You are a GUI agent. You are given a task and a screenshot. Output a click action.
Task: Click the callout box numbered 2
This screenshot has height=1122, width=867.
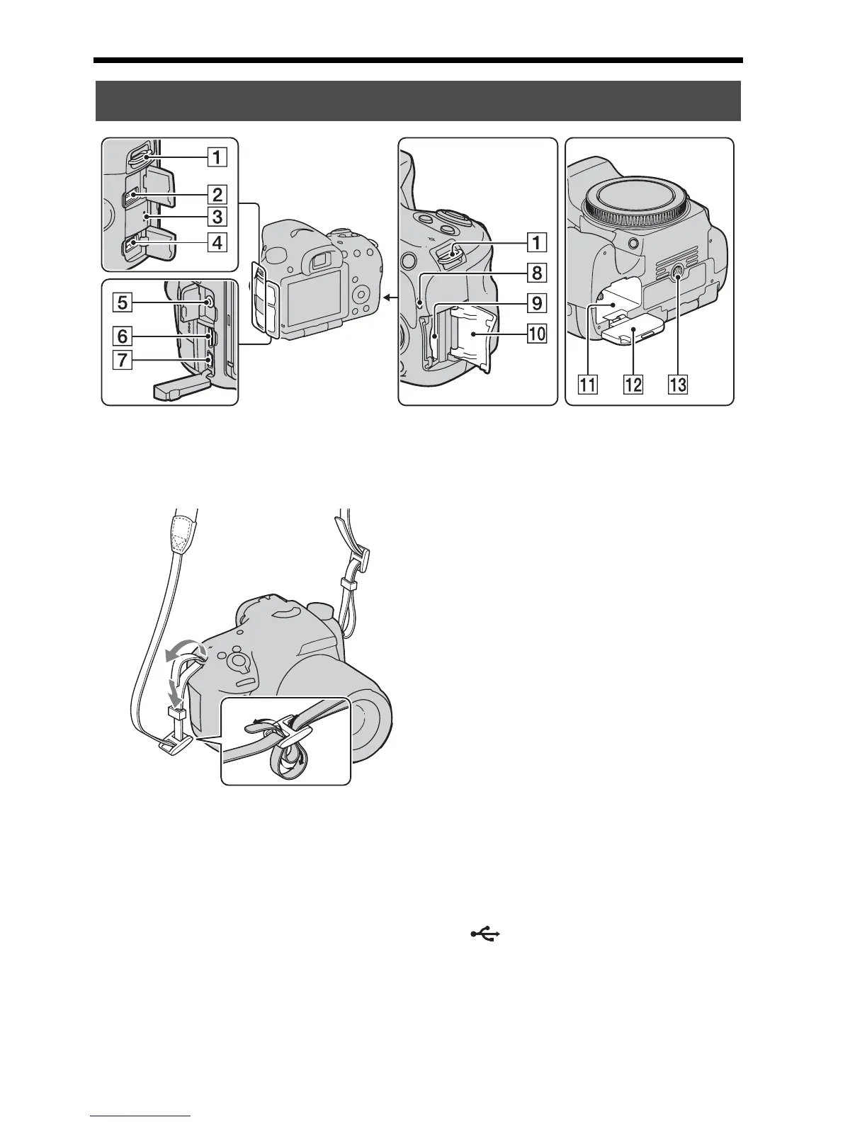(217, 193)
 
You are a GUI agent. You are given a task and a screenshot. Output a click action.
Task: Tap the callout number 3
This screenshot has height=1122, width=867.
(217, 217)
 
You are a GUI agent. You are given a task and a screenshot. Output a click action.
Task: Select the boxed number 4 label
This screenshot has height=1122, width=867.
(217, 243)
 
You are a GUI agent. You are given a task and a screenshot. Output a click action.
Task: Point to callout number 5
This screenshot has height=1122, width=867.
(123, 303)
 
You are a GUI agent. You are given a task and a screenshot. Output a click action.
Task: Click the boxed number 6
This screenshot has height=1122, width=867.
(123, 335)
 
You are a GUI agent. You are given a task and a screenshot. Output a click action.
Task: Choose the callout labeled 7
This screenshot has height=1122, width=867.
(123, 360)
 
